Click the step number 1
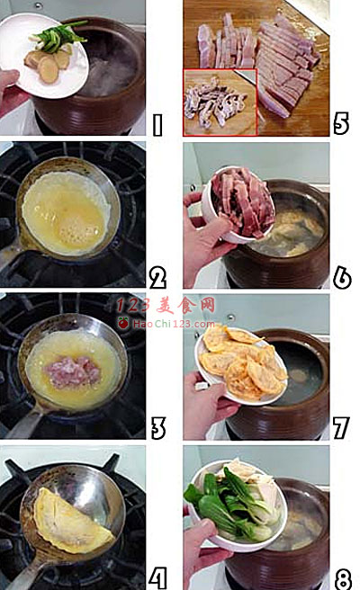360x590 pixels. click(157, 124)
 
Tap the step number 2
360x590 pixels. click(157, 279)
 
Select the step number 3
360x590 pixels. click(158, 429)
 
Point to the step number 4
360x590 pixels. click(157, 578)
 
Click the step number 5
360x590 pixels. click(341, 123)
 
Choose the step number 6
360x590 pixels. click(342, 279)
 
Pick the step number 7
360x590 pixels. click(341, 428)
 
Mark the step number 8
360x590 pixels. click(343, 578)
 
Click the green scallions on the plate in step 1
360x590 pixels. click(58, 37)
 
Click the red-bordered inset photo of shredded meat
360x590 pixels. click(220, 102)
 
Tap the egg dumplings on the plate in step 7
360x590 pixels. click(242, 362)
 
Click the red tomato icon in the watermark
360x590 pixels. click(123, 323)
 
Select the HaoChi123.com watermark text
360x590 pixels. click(174, 324)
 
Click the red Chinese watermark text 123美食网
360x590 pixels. click(166, 305)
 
